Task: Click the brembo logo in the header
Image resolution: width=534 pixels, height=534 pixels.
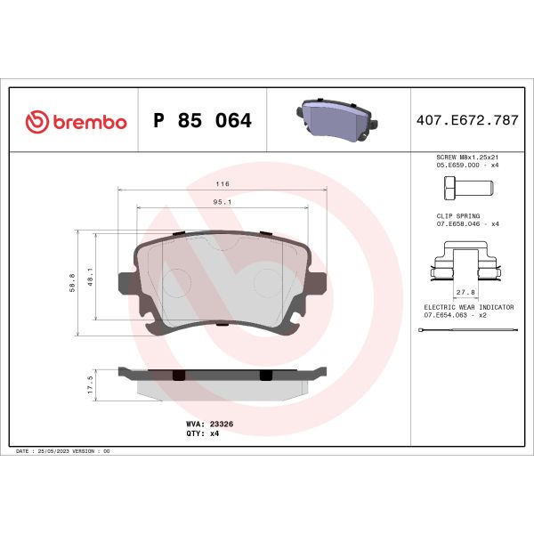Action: coord(76,121)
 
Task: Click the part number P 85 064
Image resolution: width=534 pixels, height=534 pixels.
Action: coord(203,121)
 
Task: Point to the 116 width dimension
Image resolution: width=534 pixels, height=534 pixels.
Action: coord(222,183)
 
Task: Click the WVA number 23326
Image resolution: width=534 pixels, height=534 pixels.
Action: coord(221,425)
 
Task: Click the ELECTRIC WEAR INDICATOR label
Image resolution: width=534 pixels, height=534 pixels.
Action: coord(468,306)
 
